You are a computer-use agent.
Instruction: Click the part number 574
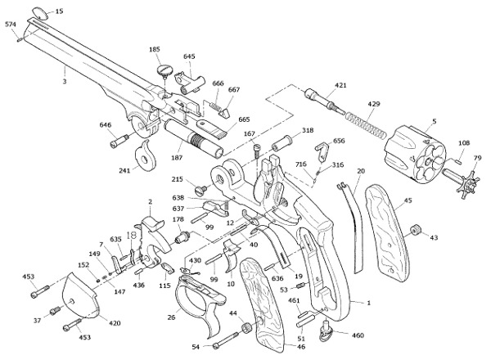11,25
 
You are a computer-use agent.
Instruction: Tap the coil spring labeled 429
366,125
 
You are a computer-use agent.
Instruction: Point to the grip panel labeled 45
387,233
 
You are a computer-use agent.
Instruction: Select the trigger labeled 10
232,255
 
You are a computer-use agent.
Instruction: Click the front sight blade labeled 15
40,13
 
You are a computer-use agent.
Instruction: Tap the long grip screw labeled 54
226,340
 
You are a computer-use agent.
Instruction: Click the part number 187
177,158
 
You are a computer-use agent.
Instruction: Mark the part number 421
340,85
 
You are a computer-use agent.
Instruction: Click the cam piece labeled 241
145,155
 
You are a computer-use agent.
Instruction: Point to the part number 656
339,141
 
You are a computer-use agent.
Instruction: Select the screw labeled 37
55,311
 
